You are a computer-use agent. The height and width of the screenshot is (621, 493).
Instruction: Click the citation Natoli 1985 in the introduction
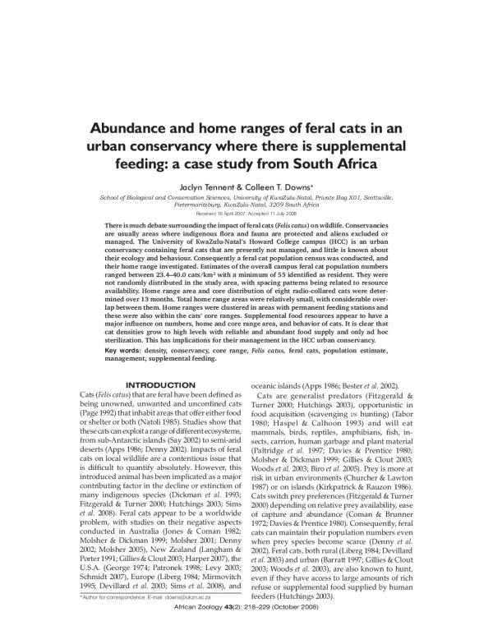[x=165, y=419]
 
